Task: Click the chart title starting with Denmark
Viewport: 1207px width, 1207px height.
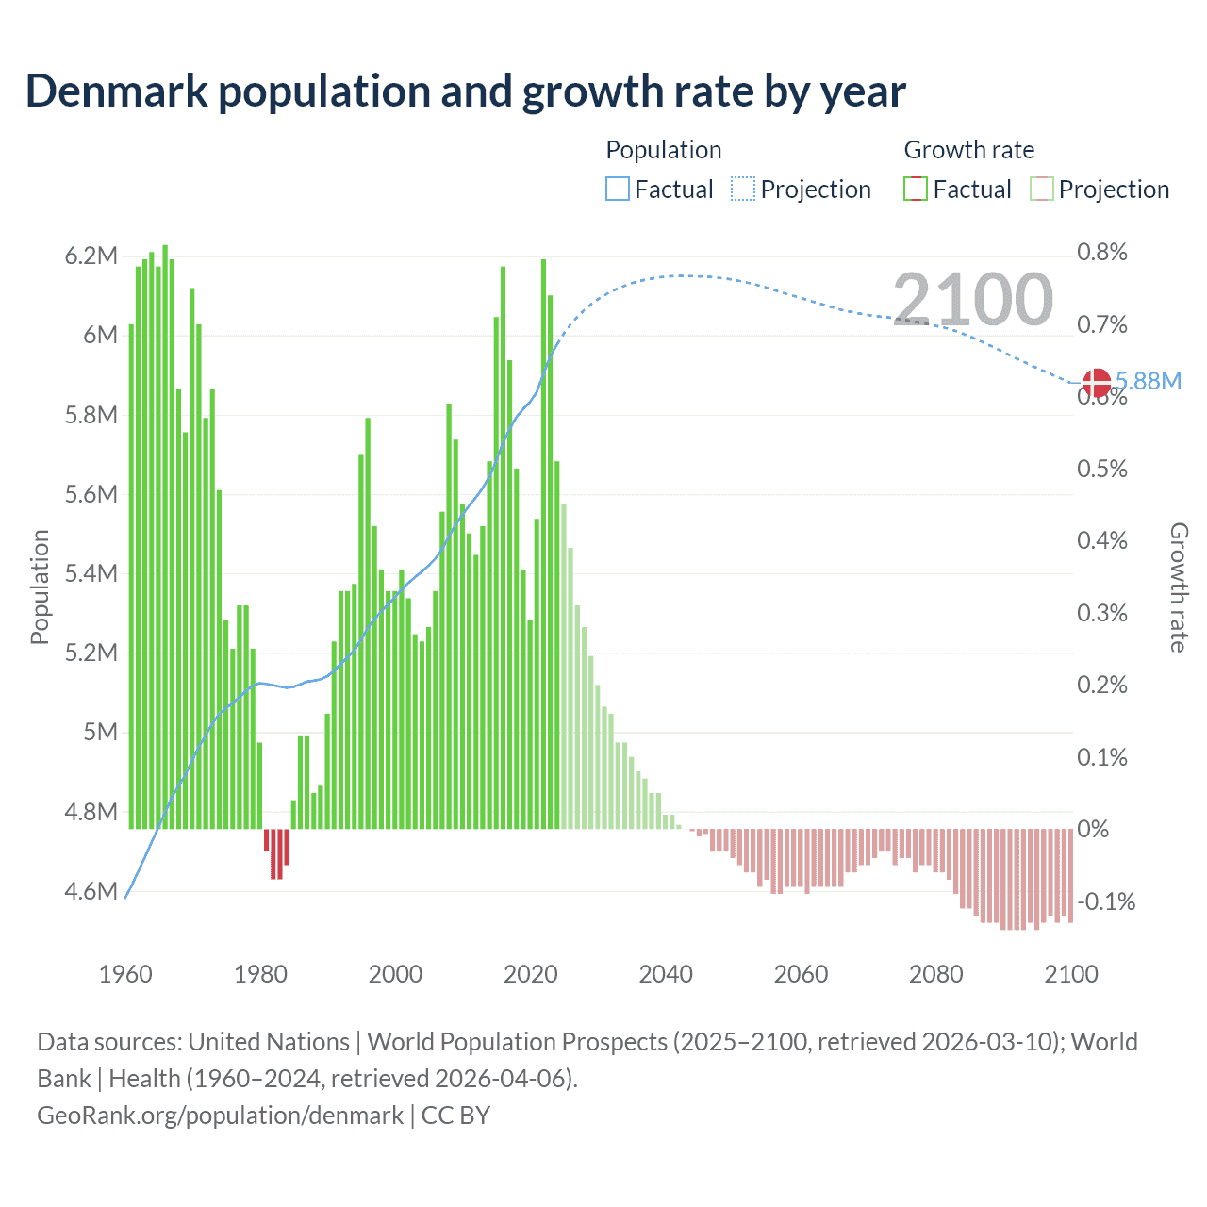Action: [x=465, y=91]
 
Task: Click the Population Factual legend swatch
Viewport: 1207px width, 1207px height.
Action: [x=617, y=190]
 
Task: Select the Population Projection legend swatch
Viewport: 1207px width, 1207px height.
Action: [x=743, y=190]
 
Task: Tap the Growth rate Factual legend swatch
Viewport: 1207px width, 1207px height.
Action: [x=916, y=190]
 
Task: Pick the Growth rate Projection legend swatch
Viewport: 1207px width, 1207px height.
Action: [x=1042, y=190]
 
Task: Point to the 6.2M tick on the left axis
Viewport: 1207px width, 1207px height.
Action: [x=91, y=256]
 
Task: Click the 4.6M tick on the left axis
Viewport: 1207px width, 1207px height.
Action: [x=91, y=891]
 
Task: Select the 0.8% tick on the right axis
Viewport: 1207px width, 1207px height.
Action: [x=1101, y=252]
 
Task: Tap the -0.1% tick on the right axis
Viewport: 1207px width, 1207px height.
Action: [x=1105, y=901]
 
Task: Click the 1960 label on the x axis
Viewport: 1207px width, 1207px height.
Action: [x=125, y=974]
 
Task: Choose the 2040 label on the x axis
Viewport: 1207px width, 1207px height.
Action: [x=666, y=974]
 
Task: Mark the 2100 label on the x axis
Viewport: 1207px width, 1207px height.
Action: [x=1071, y=974]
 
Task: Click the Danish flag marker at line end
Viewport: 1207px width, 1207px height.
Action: [x=1097, y=383]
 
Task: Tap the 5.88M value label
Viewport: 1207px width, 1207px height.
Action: [x=1149, y=381]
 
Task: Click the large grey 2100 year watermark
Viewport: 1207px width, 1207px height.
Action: [x=972, y=299]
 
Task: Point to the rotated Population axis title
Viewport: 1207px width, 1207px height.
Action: [x=40, y=587]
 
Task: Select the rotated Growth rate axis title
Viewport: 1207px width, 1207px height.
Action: [x=1178, y=587]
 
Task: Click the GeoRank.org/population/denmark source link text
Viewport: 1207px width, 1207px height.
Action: [x=220, y=1116]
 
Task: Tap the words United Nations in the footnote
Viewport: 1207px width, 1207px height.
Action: [x=269, y=1042]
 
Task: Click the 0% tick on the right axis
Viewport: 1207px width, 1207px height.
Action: [x=1093, y=829]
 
